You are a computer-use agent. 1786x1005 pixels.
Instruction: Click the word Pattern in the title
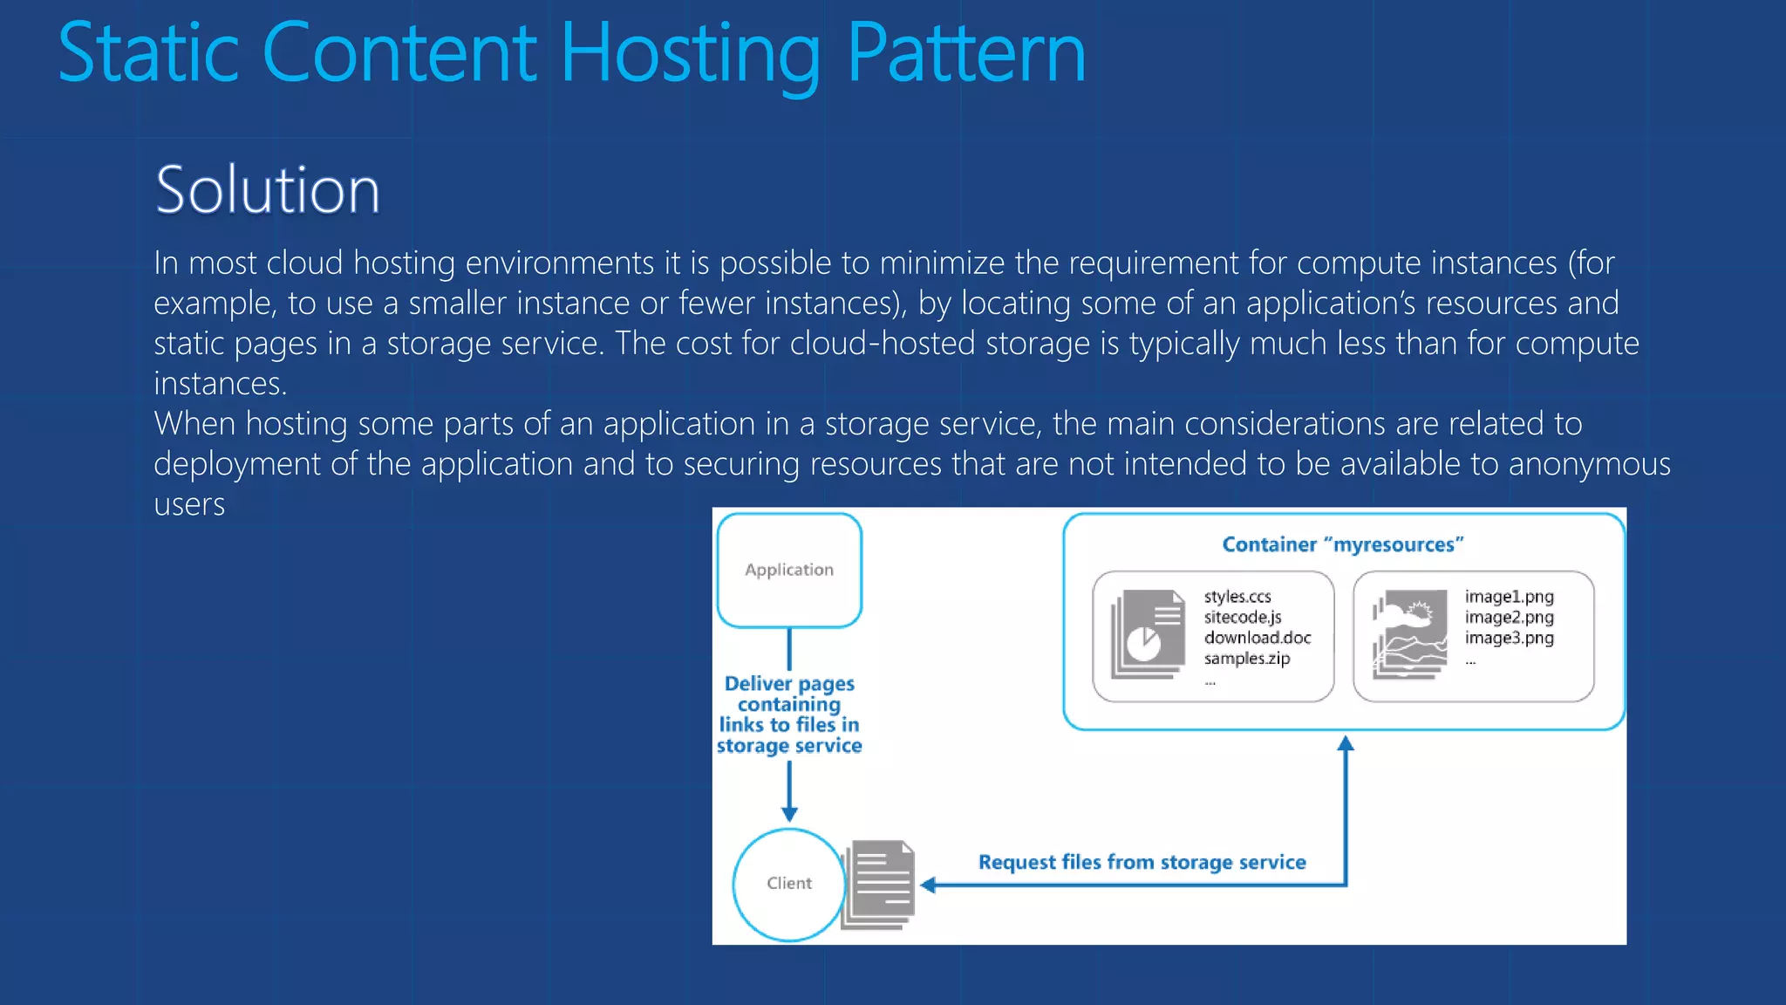965,54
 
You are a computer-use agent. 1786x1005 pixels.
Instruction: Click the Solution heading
268,190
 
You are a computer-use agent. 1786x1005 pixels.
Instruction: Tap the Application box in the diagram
789,570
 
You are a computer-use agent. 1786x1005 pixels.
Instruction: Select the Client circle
788,883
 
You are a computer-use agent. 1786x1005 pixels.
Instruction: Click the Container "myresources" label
1342,544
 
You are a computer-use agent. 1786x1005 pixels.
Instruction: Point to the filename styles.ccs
1237,597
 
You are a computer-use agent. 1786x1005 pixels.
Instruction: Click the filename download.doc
1257,638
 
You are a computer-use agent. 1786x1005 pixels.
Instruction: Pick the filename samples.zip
1246,659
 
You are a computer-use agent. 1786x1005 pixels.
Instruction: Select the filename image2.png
1509,618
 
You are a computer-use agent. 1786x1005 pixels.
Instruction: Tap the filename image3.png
1509,638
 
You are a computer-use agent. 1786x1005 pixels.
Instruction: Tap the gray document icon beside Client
879,884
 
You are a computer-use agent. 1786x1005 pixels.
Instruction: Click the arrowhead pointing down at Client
789,813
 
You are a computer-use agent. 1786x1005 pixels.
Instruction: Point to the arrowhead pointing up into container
1346,744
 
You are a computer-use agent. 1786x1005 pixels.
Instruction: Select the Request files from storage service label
1142,862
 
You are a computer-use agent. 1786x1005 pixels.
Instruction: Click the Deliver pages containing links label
789,714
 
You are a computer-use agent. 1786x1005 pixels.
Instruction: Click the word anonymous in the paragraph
1589,464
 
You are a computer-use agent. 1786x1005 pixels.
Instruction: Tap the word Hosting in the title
690,54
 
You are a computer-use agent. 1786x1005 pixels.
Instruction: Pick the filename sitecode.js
1242,618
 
